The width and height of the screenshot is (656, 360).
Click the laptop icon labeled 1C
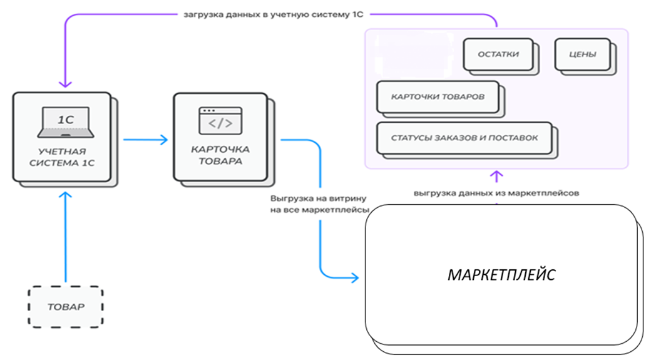65,122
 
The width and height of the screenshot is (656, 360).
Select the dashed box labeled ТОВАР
66,307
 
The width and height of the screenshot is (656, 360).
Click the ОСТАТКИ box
498,54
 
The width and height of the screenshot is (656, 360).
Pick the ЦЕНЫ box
583,54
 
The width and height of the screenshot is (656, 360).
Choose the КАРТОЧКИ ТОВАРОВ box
438,97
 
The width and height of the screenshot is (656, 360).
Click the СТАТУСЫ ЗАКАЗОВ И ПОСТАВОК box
464,138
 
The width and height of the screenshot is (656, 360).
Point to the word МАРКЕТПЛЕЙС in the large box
501,275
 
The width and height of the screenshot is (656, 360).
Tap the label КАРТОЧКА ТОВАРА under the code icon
220,155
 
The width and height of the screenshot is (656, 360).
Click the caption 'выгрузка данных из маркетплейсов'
496,193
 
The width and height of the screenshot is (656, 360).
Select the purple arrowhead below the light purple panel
496,175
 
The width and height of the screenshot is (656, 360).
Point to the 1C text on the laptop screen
66,119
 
